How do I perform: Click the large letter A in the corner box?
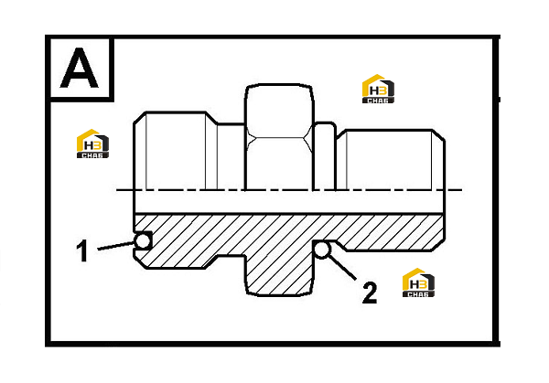click(x=79, y=68)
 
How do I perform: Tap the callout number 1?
click(x=82, y=250)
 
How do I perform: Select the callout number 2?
click(x=370, y=293)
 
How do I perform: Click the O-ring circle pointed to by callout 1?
click(x=143, y=240)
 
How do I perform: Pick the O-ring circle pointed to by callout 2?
click(x=322, y=250)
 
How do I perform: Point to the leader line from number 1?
click(x=116, y=246)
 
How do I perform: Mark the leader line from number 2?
click(x=342, y=268)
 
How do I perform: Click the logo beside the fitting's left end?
click(x=92, y=144)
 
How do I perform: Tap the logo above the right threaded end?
click(x=378, y=89)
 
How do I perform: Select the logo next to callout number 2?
click(x=418, y=282)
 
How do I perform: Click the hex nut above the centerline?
click(x=279, y=137)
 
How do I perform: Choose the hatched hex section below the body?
click(x=279, y=275)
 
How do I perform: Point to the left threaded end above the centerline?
click(x=175, y=151)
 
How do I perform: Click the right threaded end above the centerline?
click(x=391, y=160)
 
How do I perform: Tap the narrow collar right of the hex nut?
click(x=325, y=156)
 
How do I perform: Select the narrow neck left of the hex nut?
click(x=231, y=157)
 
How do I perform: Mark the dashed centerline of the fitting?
click(x=289, y=190)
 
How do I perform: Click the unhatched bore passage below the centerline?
click(x=289, y=202)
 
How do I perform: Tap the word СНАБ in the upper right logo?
click(x=378, y=101)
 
